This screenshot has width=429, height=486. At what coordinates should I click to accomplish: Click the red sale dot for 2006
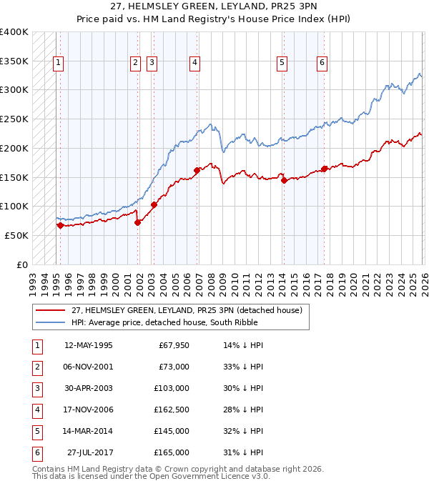(x=197, y=170)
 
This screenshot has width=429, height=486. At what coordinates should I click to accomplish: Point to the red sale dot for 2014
(x=284, y=180)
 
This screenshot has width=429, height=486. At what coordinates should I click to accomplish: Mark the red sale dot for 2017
(x=324, y=169)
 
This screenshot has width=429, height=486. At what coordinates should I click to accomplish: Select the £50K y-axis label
(x=16, y=235)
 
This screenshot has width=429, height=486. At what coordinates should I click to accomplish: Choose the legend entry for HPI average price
(x=164, y=322)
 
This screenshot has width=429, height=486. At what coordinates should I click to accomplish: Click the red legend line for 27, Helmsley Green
(x=51, y=310)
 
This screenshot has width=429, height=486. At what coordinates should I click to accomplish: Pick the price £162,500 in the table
(x=172, y=410)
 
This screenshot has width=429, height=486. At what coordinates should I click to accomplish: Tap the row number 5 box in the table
(x=36, y=431)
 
